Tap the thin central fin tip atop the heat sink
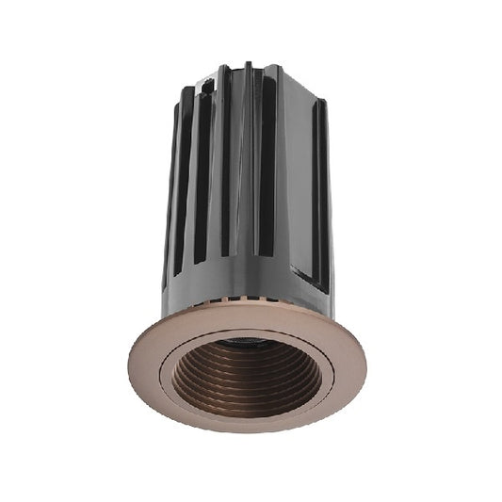tap(248, 68)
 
